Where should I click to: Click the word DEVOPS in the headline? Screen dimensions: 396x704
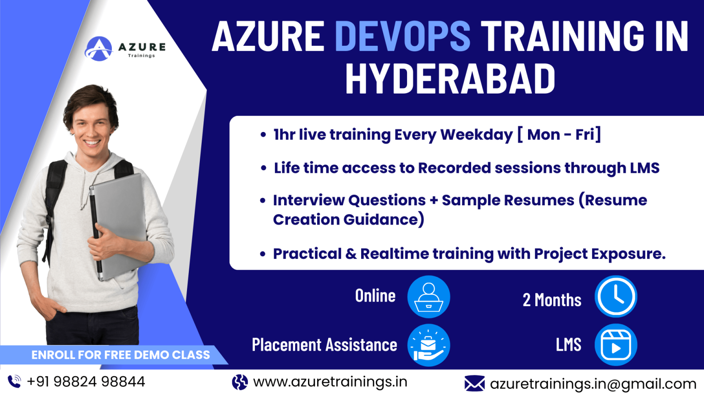tap(402, 36)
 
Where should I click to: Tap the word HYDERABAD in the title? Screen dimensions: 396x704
tap(450, 79)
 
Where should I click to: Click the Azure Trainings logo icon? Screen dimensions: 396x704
tap(99, 49)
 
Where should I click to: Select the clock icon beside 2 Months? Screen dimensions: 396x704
tap(616, 297)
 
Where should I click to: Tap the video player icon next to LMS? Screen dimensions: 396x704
tap(616, 345)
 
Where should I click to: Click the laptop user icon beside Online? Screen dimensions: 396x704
tap(429, 297)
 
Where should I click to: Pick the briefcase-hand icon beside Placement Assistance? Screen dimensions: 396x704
tap(429, 346)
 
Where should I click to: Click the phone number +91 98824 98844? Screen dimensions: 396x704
tap(86, 381)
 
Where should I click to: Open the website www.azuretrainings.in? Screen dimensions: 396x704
tap(330, 381)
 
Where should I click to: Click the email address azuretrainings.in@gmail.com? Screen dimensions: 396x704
tap(593, 384)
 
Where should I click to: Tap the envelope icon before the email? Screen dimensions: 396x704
tap(474, 383)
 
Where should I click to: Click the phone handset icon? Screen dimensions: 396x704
tap(14, 381)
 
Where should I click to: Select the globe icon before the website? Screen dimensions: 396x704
tap(240, 382)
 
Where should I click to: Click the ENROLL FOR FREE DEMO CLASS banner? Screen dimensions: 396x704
tap(120, 355)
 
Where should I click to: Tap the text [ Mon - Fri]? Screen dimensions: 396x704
tap(559, 135)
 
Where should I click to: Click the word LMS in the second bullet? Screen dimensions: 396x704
tap(644, 168)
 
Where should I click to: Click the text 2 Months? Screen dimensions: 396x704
tap(552, 300)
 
